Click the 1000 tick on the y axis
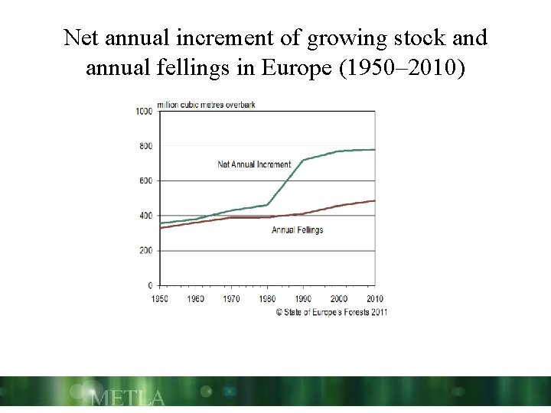pyautogui.click(x=144, y=111)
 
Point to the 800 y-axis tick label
pyautogui.click(x=145, y=146)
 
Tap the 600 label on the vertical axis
pyautogui.click(x=145, y=180)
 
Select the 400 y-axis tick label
pyautogui.click(x=145, y=216)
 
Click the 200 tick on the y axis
pyautogui.click(x=145, y=251)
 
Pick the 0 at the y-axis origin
pyautogui.click(x=150, y=285)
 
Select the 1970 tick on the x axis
pyautogui.click(x=230, y=298)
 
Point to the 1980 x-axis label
pyautogui.click(x=266, y=298)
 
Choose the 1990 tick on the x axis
pyautogui.click(x=302, y=298)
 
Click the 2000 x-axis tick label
pyautogui.click(x=338, y=298)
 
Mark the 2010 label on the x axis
pyautogui.click(x=374, y=298)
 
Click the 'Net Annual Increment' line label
pyautogui.click(x=254, y=164)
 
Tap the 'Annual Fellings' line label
pyautogui.click(x=297, y=230)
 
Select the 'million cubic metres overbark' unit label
pyautogui.click(x=206, y=104)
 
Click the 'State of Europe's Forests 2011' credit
pyautogui.click(x=331, y=312)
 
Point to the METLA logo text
pyautogui.click(x=126, y=398)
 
